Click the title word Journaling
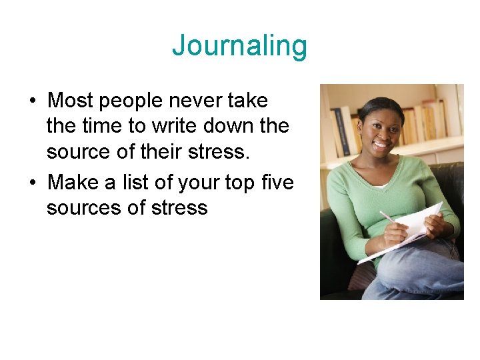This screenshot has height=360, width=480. coord(239,47)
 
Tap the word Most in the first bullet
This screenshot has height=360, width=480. coord(70,101)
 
